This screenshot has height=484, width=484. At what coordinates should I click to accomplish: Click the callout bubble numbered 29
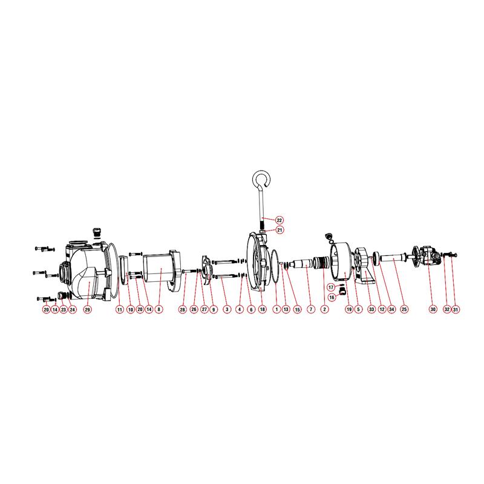(x=88, y=309)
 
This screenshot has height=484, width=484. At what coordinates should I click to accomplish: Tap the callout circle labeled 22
(x=280, y=220)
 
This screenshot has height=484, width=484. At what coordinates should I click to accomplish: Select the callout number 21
(x=280, y=230)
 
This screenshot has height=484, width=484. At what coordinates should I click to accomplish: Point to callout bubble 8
(x=159, y=309)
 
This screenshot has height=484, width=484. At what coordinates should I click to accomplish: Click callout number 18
(x=263, y=309)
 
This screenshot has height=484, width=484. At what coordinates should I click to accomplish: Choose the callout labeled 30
(x=433, y=309)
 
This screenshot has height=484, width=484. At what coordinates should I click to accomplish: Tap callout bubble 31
(x=456, y=309)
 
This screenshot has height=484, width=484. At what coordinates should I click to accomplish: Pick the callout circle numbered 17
(x=331, y=287)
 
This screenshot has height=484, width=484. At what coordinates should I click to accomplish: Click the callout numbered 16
(x=332, y=297)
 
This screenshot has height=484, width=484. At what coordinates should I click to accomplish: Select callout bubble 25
(x=404, y=309)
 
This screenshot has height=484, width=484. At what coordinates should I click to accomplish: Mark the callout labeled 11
(x=119, y=309)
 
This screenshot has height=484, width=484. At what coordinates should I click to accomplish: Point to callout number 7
(x=311, y=309)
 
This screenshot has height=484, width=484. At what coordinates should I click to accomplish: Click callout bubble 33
(x=371, y=309)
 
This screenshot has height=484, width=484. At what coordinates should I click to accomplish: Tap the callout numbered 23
(x=64, y=309)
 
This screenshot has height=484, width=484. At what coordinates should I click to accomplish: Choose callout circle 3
(x=227, y=309)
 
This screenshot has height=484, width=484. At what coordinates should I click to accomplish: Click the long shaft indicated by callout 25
(x=393, y=258)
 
